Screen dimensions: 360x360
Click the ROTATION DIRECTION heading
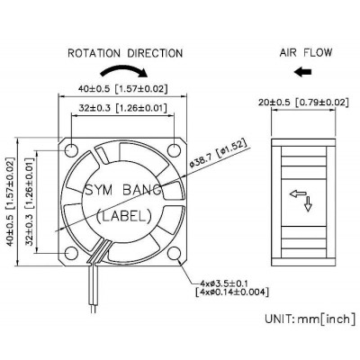(125, 53)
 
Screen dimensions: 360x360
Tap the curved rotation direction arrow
(123, 69)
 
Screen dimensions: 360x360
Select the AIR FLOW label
(306, 52)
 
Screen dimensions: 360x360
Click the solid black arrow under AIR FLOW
(303, 72)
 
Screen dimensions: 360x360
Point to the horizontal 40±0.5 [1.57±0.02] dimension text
(122, 88)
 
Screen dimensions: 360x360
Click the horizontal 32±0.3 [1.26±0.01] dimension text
(122, 107)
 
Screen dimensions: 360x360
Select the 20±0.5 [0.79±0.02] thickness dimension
(303, 103)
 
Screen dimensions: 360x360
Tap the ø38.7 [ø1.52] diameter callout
(220, 157)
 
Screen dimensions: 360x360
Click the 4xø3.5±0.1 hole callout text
(225, 283)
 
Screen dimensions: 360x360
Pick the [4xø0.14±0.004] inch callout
(231, 292)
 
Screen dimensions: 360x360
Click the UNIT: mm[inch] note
(310, 319)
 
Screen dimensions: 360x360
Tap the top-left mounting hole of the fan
(71, 150)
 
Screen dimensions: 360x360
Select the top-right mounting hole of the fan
(174, 150)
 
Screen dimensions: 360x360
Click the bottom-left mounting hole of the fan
(71, 254)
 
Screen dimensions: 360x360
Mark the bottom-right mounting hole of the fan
(174, 254)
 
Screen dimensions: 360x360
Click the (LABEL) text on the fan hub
(124, 216)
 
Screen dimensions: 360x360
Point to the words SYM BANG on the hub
(122, 190)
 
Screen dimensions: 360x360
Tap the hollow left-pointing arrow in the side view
(298, 193)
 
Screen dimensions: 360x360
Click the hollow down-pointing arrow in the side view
(308, 204)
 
